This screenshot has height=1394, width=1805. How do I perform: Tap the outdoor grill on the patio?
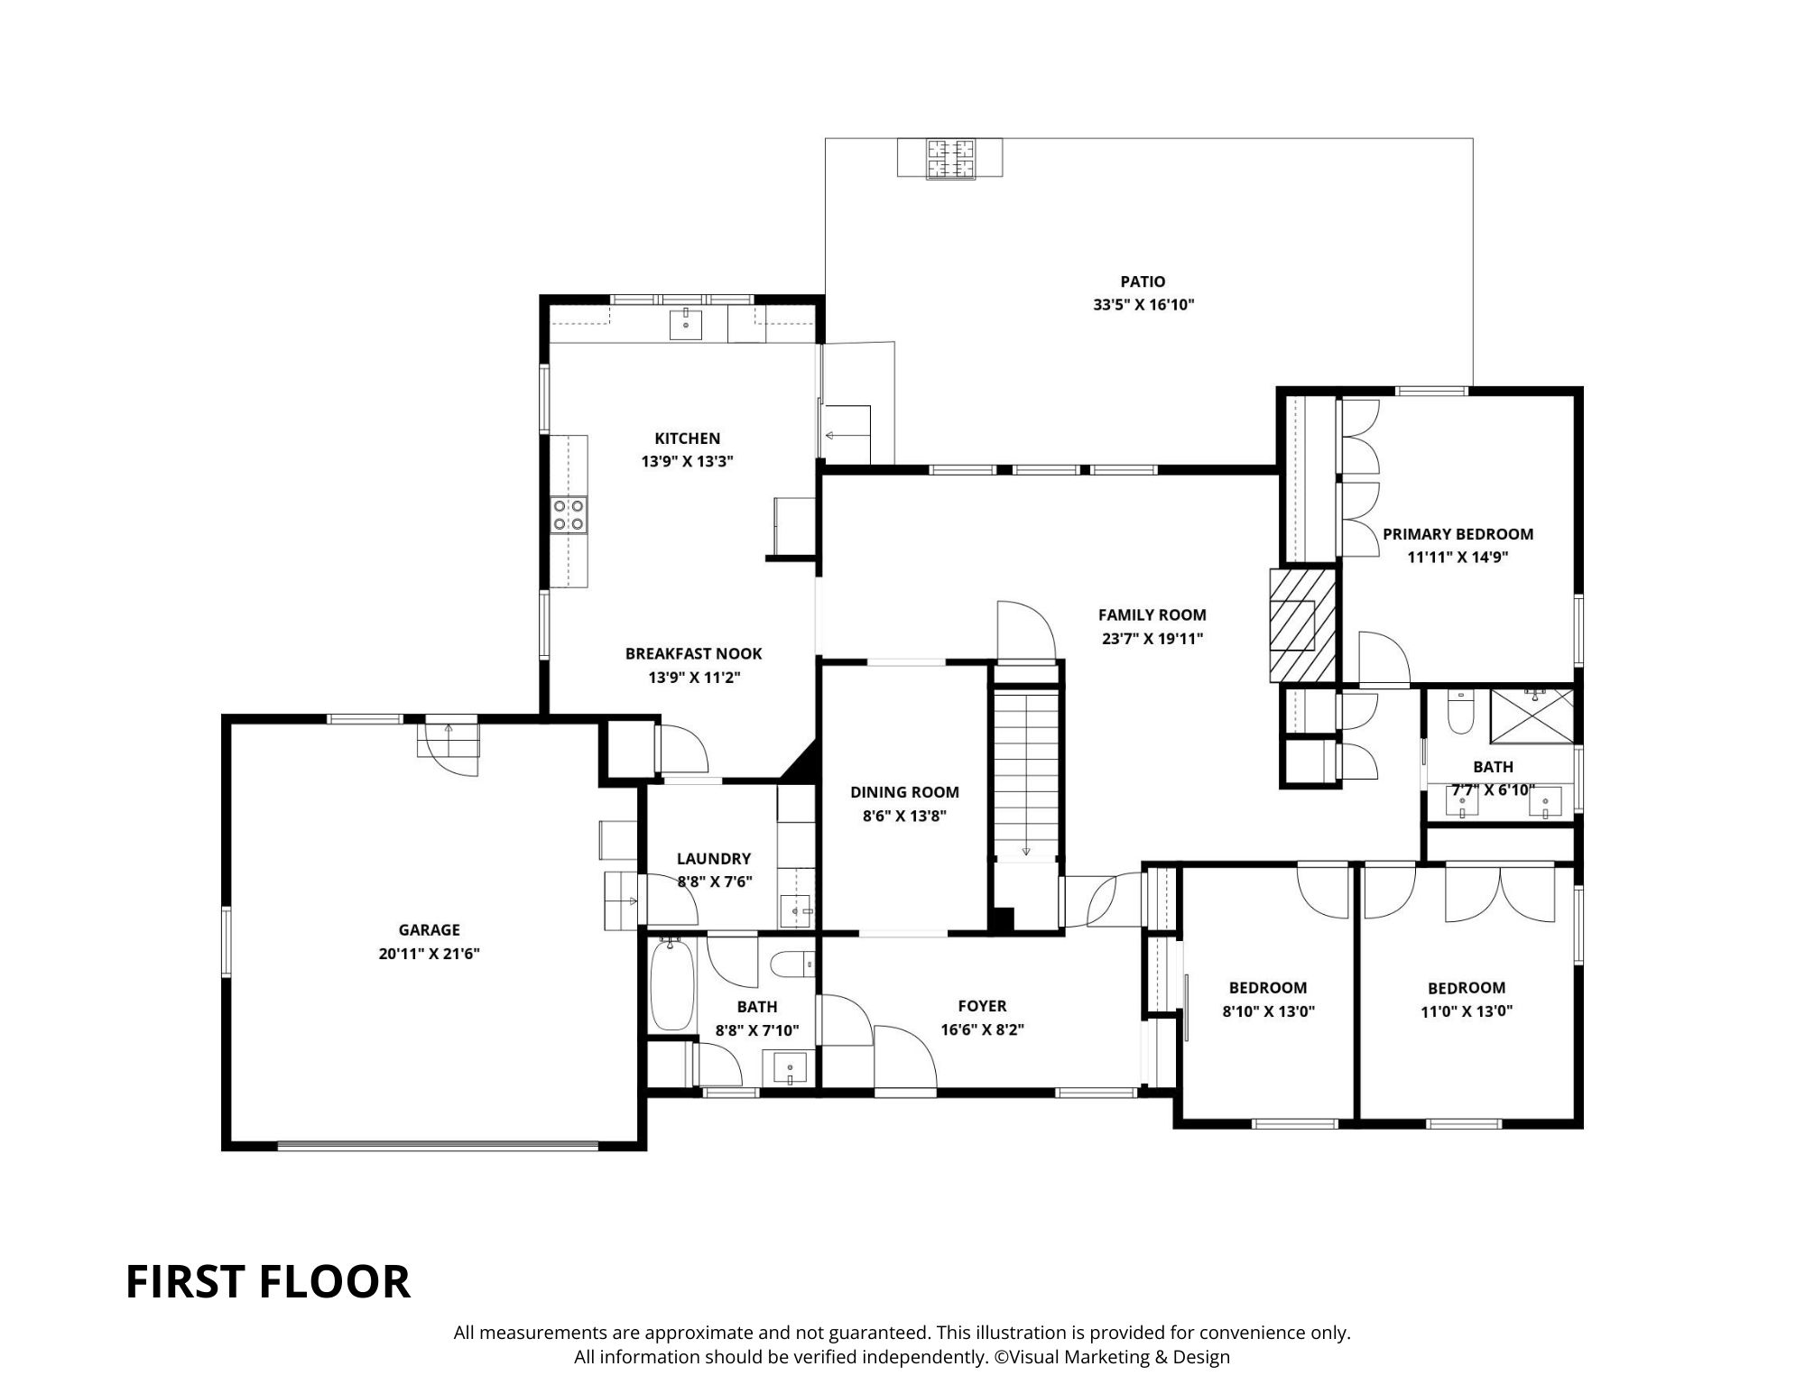949,159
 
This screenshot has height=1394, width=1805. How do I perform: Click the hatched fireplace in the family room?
1302,624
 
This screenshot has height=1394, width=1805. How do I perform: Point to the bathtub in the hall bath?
671,983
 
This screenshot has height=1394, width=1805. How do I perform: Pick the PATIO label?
1143,282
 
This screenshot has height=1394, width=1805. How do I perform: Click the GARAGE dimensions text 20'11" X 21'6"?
429,953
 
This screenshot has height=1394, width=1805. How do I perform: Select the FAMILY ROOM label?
1152,615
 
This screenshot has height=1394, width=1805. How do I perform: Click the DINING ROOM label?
904,792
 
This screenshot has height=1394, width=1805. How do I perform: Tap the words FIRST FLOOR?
268,1282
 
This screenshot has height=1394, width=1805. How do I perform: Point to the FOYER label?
982,1006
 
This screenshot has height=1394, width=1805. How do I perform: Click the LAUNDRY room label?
714,859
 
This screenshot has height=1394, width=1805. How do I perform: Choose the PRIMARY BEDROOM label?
1458,534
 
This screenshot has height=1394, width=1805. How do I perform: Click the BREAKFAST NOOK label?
694,653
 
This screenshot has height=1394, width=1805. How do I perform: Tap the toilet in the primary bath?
1460,712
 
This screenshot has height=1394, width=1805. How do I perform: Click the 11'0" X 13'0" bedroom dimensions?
1467,1011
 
